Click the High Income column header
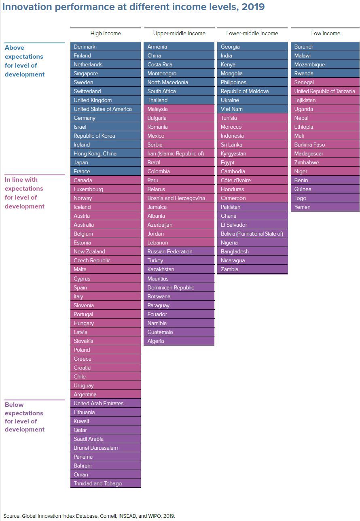point(106,34)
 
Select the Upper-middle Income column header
point(179,34)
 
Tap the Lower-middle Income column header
point(252,34)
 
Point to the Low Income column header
point(326,34)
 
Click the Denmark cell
point(106,47)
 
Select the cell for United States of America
point(106,109)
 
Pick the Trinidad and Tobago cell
point(106,483)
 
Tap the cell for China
point(179,55)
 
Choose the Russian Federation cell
point(179,251)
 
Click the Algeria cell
point(179,341)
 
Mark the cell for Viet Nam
point(252,109)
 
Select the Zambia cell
point(252,269)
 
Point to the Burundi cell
point(326,47)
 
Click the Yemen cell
point(326,207)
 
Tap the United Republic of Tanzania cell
point(326,91)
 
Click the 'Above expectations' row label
point(25,61)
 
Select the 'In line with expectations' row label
point(25,193)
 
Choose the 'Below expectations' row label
point(25,417)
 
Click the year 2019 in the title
point(252,7)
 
